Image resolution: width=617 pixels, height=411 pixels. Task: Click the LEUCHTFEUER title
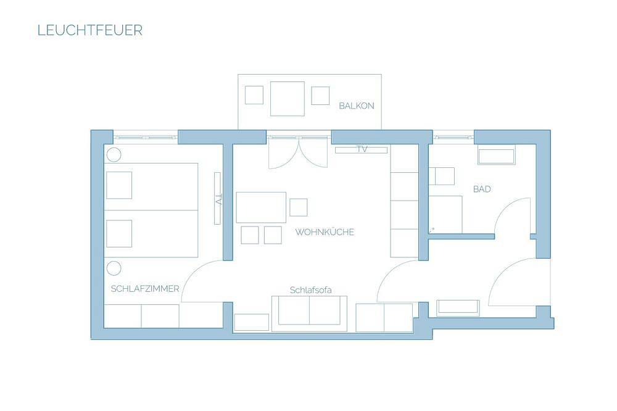click(x=89, y=30)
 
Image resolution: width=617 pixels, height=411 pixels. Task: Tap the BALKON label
click(x=357, y=106)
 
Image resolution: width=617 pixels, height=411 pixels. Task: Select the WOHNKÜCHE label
click(x=325, y=232)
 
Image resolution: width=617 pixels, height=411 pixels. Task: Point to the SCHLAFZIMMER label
click(x=145, y=289)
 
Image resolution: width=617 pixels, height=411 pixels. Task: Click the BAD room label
click(x=482, y=189)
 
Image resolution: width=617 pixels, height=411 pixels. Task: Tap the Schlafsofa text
click(x=310, y=290)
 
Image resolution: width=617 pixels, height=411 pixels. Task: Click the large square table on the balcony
click(x=288, y=99)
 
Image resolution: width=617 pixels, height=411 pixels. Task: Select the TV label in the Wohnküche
click(x=362, y=149)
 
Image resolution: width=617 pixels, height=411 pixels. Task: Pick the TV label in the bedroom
click(x=219, y=199)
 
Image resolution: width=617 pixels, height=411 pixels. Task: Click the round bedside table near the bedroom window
click(x=114, y=155)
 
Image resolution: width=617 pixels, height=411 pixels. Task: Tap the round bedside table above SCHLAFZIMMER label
click(x=114, y=268)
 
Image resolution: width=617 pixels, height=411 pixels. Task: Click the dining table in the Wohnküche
click(x=261, y=207)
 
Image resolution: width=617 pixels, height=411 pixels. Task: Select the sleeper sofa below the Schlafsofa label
click(x=309, y=313)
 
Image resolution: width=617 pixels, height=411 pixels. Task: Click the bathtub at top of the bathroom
click(x=496, y=157)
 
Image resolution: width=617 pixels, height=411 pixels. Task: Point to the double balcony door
click(x=298, y=154)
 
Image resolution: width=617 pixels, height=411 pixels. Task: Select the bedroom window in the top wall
click(x=146, y=138)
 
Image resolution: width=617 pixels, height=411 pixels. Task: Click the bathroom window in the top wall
click(x=453, y=138)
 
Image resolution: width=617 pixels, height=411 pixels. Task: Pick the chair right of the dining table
click(x=298, y=207)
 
